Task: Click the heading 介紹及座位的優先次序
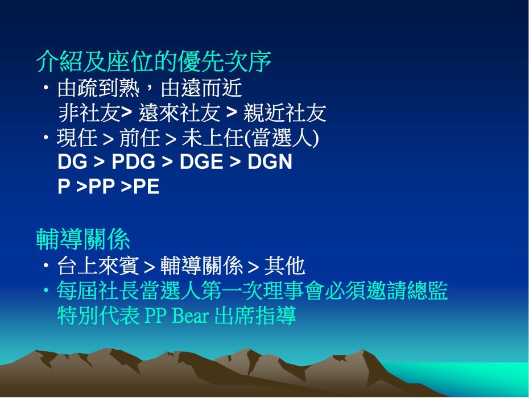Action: pyautogui.click(x=154, y=62)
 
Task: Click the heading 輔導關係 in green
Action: pyautogui.click(x=83, y=239)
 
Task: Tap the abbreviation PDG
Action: pyautogui.click(x=133, y=161)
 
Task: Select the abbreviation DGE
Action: pyautogui.click(x=201, y=161)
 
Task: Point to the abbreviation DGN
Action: pyautogui.click(x=270, y=161)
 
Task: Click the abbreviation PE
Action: pyautogui.click(x=146, y=186)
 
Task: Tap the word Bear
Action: pyautogui.click(x=191, y=316)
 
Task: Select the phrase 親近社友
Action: pyautogui.click(x=285, y=113)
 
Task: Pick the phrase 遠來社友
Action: pyautogui.click(x=180, y=113)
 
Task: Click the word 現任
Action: pyautogui.click(x=77, y=138)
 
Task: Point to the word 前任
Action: pyautogui.click(x=140, y=138)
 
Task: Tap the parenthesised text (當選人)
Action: pyautogui.click(x=282, y=138)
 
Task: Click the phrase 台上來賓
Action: pyautogui.click(x=98, y=266)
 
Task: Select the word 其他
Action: pyautogui.click(x=285, y=266)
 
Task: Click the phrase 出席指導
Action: pyautogui.click(x=255, y=316)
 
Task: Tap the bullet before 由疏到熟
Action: pyautogui.click(x=46, y=88)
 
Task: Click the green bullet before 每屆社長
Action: pyautogui.click(x=46, y=290)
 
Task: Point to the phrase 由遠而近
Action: pyautogui.click(x=201, y=88)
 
